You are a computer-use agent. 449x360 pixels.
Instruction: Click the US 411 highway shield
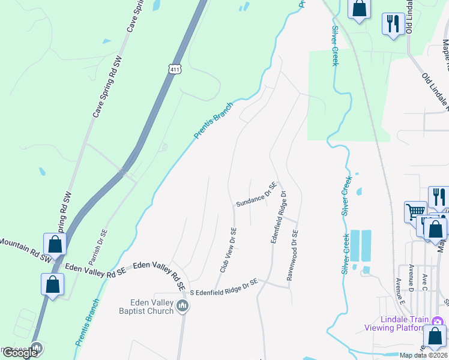[174, 69]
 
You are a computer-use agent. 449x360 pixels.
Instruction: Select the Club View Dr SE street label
[228, 250]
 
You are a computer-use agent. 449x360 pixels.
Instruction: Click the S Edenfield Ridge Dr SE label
[223, 286]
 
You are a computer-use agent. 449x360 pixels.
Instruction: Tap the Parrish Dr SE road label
[97, 247]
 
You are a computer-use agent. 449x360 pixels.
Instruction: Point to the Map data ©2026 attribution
[424, 355]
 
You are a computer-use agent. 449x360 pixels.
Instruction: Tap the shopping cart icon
[415, 211]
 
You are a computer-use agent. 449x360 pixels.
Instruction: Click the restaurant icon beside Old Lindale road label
[393, 24]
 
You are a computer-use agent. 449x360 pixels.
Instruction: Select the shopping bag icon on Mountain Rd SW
[55, 244]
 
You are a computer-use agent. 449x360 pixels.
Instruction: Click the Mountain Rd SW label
[24, 248]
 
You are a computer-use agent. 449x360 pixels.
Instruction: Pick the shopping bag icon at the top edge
[360, 8]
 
